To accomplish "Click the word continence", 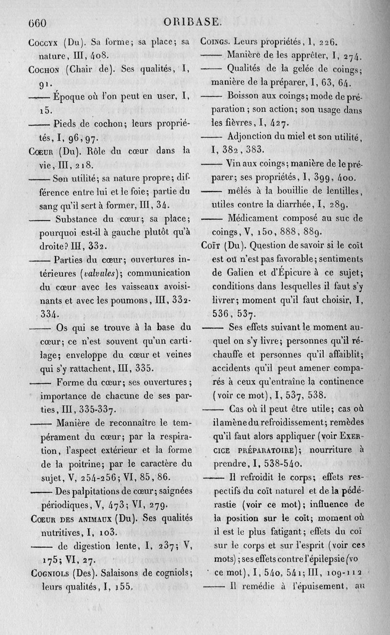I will click(339, 381).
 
